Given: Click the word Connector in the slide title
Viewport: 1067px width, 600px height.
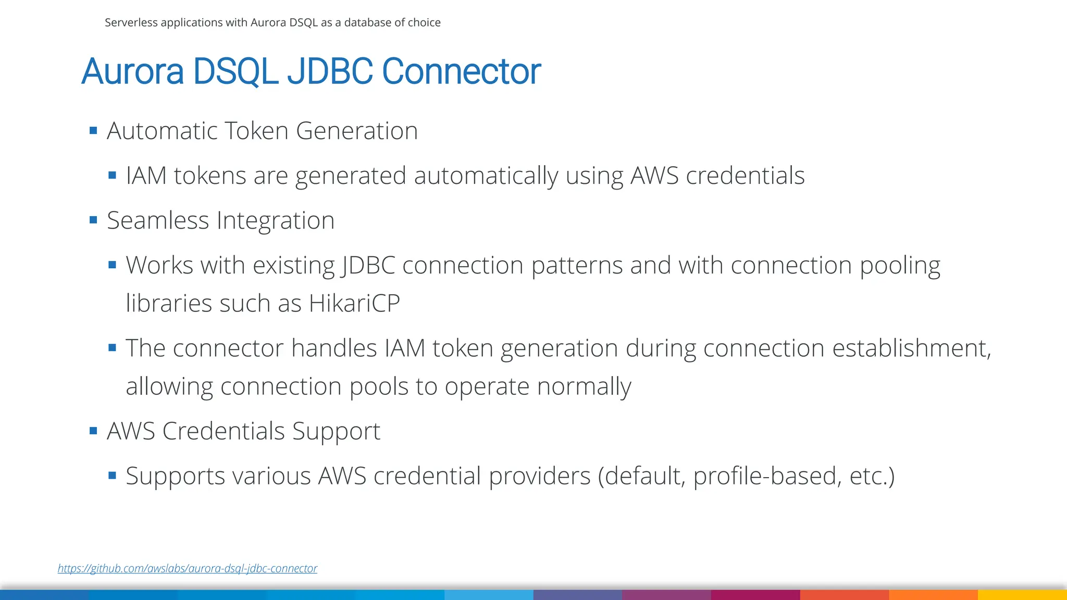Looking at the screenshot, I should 461,71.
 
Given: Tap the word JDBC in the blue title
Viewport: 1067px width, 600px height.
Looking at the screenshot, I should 330,71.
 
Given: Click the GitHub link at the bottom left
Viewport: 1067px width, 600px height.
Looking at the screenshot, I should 187,568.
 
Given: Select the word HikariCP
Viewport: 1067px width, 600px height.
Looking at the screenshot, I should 354,303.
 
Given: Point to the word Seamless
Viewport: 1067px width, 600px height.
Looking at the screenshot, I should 157,220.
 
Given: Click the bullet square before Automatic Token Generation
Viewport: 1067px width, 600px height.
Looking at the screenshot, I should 93,130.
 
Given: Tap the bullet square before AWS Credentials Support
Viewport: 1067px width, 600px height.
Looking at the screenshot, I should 93,431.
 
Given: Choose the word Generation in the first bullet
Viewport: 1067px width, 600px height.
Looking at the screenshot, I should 357,131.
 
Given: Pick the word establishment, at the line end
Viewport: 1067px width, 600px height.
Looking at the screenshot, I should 911,348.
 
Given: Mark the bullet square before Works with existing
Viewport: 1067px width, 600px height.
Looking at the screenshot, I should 112,265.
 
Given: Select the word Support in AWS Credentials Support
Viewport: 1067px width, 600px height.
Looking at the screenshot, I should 336,431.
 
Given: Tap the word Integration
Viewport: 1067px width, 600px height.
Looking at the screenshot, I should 276,220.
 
